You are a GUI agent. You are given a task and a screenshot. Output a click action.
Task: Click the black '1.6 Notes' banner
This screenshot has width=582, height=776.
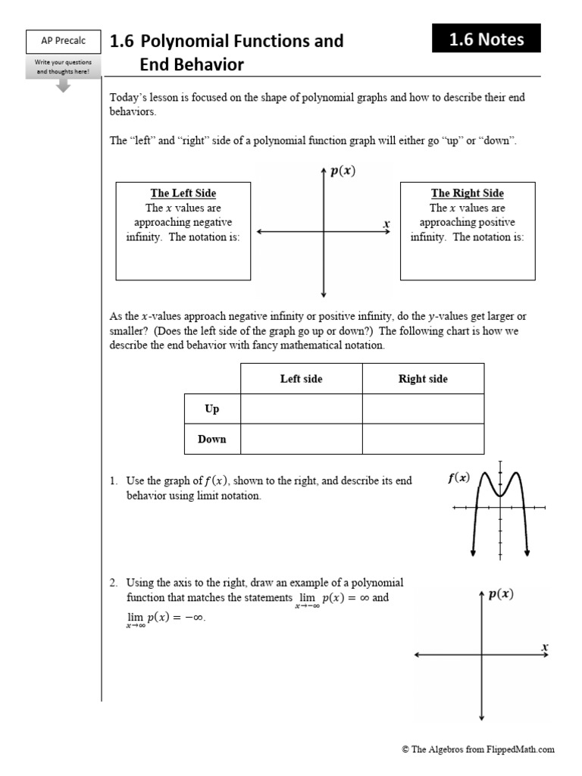coord(486,39)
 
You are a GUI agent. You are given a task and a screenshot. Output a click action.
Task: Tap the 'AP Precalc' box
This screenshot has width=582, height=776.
coord(64,41)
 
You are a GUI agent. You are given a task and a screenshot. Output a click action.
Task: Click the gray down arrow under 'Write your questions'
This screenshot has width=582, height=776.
coord(64,85)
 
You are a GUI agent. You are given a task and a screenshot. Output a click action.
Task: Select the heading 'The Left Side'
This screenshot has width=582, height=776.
coord(183,193)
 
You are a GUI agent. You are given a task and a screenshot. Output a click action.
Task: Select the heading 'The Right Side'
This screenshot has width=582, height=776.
coord(467,193)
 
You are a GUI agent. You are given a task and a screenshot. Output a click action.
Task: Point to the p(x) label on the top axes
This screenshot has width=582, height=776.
coord(343,171)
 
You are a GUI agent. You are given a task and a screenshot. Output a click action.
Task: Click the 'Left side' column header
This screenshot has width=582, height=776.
coord(301,379)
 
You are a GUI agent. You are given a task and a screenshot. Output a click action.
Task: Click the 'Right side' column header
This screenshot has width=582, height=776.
coord(423,379)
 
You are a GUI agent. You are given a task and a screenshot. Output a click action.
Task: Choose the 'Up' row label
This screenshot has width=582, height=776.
coord(212,409)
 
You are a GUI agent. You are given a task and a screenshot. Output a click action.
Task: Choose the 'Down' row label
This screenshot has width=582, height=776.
coord(212,439)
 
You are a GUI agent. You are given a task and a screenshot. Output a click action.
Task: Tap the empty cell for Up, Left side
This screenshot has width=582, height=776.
coord(301,409)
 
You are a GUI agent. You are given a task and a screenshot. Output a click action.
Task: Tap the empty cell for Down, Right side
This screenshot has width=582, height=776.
coord(423,439)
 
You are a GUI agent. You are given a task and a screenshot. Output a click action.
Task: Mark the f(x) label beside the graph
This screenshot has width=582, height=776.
coord(458,477)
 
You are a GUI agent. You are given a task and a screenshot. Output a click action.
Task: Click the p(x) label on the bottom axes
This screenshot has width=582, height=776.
coord(500,594)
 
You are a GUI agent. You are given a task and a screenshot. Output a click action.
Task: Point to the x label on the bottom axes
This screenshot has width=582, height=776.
coord(544,646)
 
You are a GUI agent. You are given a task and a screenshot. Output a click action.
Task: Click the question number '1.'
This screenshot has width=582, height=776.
coord(114,481)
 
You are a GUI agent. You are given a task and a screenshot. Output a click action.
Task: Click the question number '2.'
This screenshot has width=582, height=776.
coord(114,583)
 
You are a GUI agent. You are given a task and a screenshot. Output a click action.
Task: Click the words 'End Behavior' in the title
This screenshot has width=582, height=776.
coord(192,65)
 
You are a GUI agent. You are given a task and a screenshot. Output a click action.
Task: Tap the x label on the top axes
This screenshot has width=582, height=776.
coord(386,224)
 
